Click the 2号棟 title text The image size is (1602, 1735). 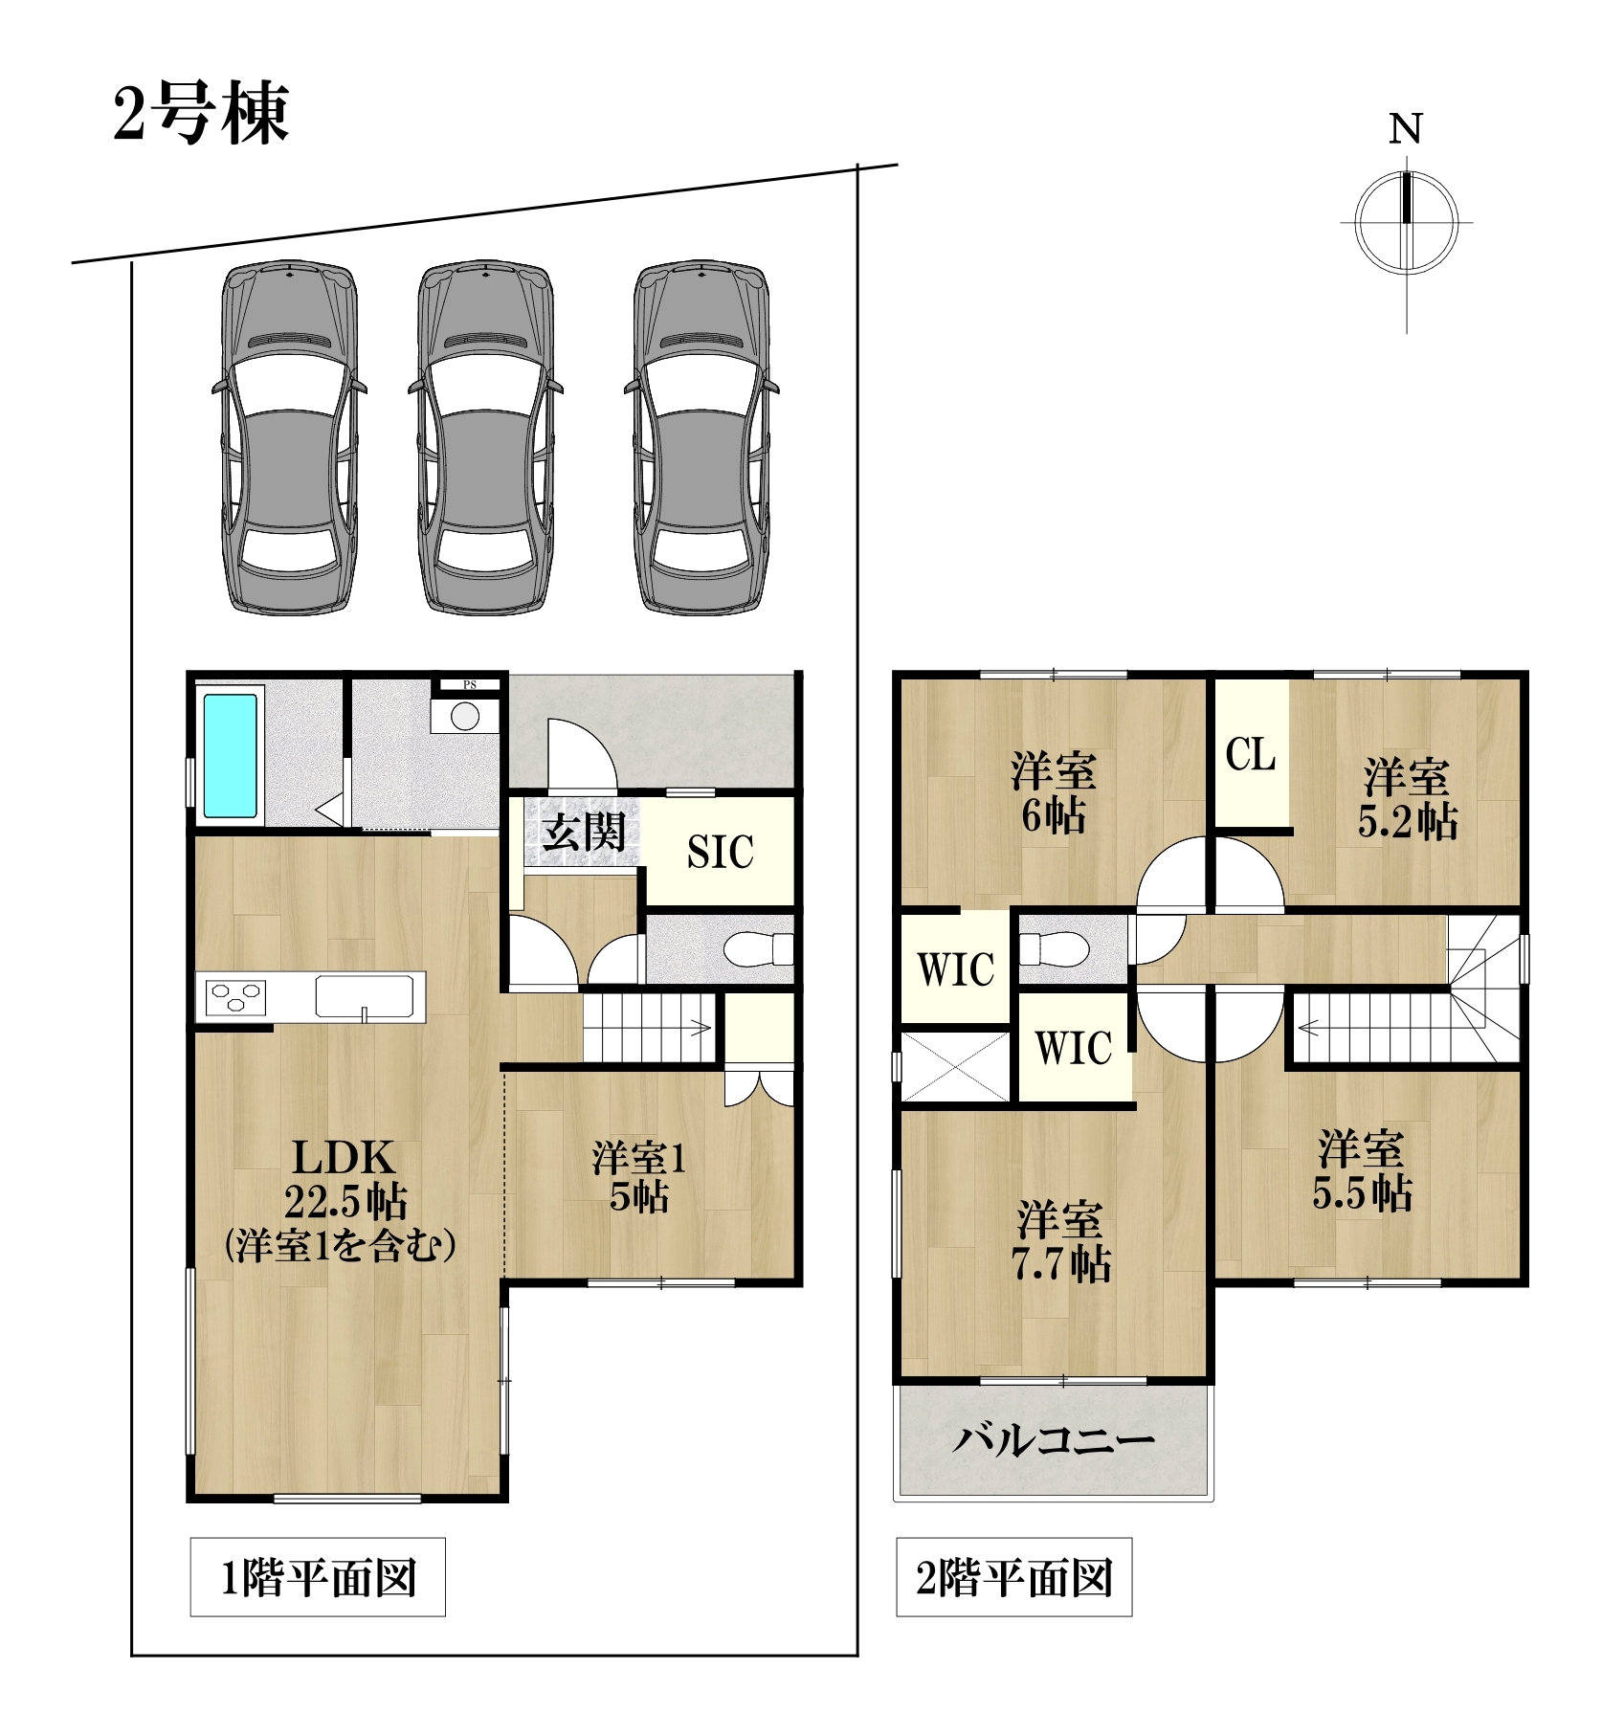click(201, 114)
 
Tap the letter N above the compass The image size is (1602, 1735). click(1406, 129)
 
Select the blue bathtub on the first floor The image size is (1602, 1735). click(230, 756)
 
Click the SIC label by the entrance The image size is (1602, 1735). click(721, 852)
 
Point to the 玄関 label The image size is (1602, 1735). click(584, 832)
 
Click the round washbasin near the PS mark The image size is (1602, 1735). click(465, 716)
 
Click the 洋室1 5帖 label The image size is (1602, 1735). click(639, 1177)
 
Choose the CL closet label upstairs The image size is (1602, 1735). click(1251, 755)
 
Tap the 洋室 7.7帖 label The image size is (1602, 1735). click(1061, 1241)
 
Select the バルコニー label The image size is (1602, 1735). click(1053, 1438)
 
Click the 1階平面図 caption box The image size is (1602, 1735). click(318, 1577)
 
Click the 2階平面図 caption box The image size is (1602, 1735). click(1014, 1577)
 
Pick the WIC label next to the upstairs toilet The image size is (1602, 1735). click(956, 969)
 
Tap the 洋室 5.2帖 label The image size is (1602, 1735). click(1408, 798)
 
